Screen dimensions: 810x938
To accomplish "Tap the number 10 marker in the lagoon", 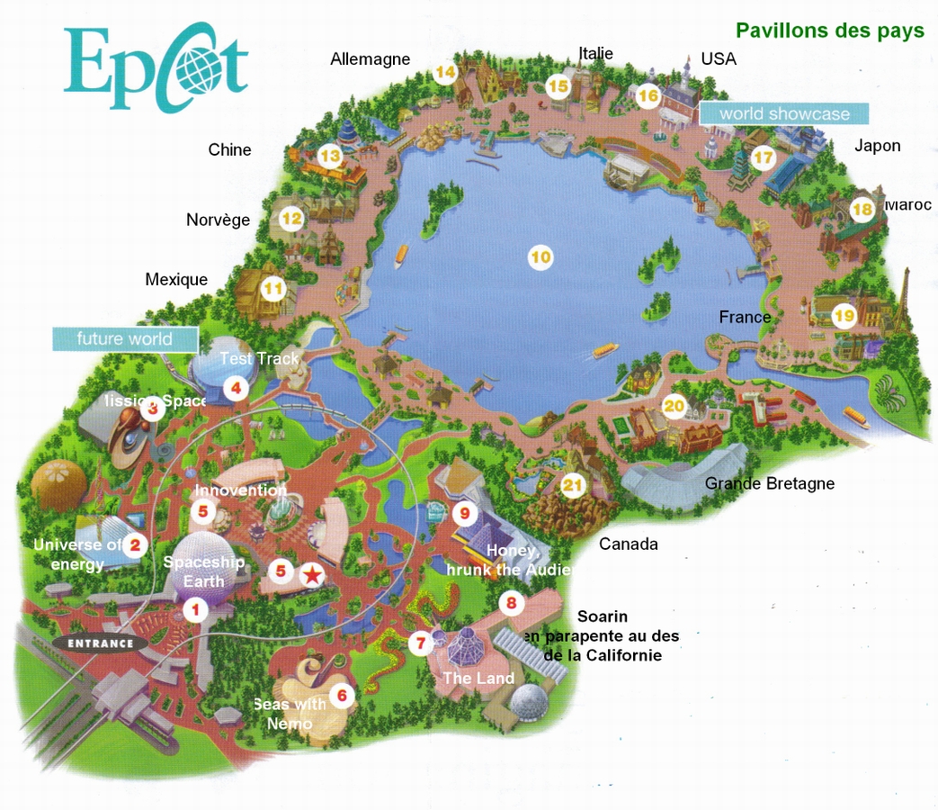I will pyautogui.click(x=540, y=258).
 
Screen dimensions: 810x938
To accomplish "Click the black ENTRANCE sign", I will pyautogui.click(x=100, y=643).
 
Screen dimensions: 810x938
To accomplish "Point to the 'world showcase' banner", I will pyautogui.click(x=784, y=113).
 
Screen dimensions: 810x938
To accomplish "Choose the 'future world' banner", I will pyautogui.click(x=124, y=339).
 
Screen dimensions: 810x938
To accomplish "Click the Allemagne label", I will pyautogui.click(x=370, y=59).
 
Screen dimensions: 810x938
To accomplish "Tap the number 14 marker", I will pyautogui.click(x=445, y=72).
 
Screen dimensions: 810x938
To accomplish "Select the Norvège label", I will pyautogui.click(x=218, y=220).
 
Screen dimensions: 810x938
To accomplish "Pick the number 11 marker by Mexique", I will pyautogui.click(x=272, y=290).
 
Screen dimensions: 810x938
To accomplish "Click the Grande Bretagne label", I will pyautogui.click(x=769, y=483).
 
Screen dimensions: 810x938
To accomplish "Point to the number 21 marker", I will pyautogui.click(x=573, y=486).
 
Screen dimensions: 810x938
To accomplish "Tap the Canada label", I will pyautogui.click(x=629, y=544).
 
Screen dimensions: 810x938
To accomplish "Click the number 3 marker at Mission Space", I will pyautogui.click(x=153, y=409).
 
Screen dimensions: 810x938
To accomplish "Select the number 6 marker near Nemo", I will pyautogui.click(x=341, y=695).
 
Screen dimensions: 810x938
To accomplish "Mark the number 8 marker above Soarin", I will pyautogui.click(x=512, y=603).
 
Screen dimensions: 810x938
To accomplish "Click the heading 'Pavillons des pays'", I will pyautogui.click(x=829, y=31).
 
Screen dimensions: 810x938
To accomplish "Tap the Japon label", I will pyautogui.click(x=877, y=146).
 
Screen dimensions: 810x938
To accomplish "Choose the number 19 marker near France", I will pyautogui.click(x=844, y=315).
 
